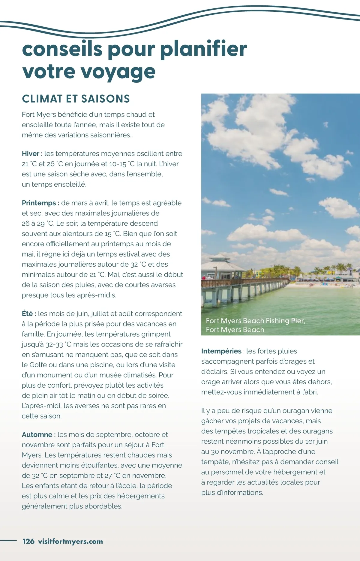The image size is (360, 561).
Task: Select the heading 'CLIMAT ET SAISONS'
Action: [x=76, y=99]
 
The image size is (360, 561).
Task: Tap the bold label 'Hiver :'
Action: [x=32, y=154]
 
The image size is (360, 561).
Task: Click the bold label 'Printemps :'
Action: [x=40, y=203]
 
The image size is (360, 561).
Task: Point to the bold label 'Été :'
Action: [x=29, y=313]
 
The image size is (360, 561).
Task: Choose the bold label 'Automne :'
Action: [x=39, y=434]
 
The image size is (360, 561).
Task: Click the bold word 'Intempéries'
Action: [x=221, y=351]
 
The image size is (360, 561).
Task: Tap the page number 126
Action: [x=28, y=541]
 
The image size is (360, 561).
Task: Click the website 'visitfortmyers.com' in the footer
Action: [x=70, y=541]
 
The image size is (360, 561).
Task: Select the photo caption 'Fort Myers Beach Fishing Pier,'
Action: [x=255, y=320]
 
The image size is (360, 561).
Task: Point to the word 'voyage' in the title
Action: [x=118, y=72]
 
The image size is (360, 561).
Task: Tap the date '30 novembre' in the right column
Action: [x=232, y=451]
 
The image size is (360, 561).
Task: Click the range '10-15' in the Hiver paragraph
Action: [x=118, y=164]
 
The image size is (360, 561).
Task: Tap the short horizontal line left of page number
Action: [x=8, y=541]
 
